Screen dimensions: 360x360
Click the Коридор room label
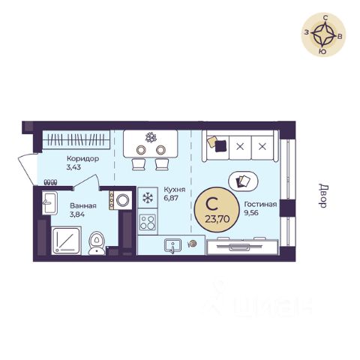82,158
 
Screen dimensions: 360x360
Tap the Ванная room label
83,205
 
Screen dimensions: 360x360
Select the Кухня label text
175,190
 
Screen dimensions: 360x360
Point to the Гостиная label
260,204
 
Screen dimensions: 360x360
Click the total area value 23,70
217,219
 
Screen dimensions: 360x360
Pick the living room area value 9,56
251,213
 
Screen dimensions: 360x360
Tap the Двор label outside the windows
322,196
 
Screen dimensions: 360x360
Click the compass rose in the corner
323,34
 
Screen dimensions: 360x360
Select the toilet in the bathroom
97,243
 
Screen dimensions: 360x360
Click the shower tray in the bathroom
66,241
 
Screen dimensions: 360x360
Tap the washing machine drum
123,199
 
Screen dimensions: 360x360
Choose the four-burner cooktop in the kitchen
148,222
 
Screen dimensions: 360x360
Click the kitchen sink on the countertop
172,246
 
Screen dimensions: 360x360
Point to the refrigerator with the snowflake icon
148,198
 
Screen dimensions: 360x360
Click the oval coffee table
244,181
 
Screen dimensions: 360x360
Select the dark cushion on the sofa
220,146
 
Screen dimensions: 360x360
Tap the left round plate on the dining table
141,149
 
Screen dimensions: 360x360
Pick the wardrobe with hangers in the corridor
76,139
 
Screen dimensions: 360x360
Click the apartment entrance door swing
28,169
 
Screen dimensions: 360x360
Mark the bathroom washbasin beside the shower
49,202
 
